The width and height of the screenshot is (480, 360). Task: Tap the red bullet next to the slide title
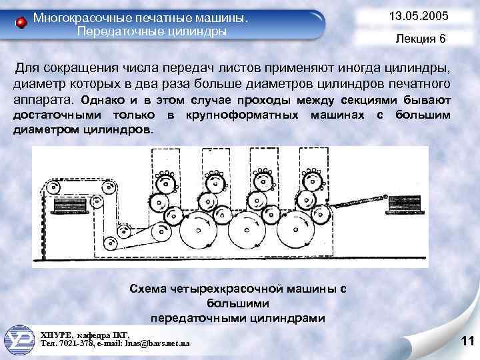pos(21,23)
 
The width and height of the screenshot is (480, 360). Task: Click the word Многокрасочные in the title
pos(75,17)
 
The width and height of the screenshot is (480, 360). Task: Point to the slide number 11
pos(467,342)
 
